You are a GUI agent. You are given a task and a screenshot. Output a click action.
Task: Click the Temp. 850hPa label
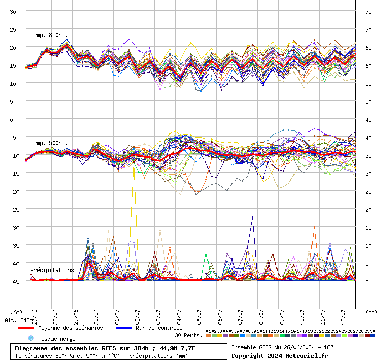tap(49, 35)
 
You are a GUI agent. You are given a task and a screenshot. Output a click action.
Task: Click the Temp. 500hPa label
tap(49, 143)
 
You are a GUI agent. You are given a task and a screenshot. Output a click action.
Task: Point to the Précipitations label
tap(51, 270)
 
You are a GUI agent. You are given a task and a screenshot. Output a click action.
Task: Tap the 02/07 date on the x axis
tap(137, 314)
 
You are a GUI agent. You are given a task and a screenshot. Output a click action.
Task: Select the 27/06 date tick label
tap(34, 314)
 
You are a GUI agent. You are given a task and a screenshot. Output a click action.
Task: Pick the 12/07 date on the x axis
tap(343, 314)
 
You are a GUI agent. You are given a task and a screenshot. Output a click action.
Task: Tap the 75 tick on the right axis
tap(369, 11)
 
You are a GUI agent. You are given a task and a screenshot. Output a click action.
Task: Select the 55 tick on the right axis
tap(369, 83)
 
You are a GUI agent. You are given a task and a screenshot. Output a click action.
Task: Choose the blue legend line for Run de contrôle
tap(125, 328)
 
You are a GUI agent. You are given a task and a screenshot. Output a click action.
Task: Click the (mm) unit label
tap(371, 312)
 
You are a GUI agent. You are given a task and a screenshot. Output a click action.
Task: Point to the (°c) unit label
tap(16, 312)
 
